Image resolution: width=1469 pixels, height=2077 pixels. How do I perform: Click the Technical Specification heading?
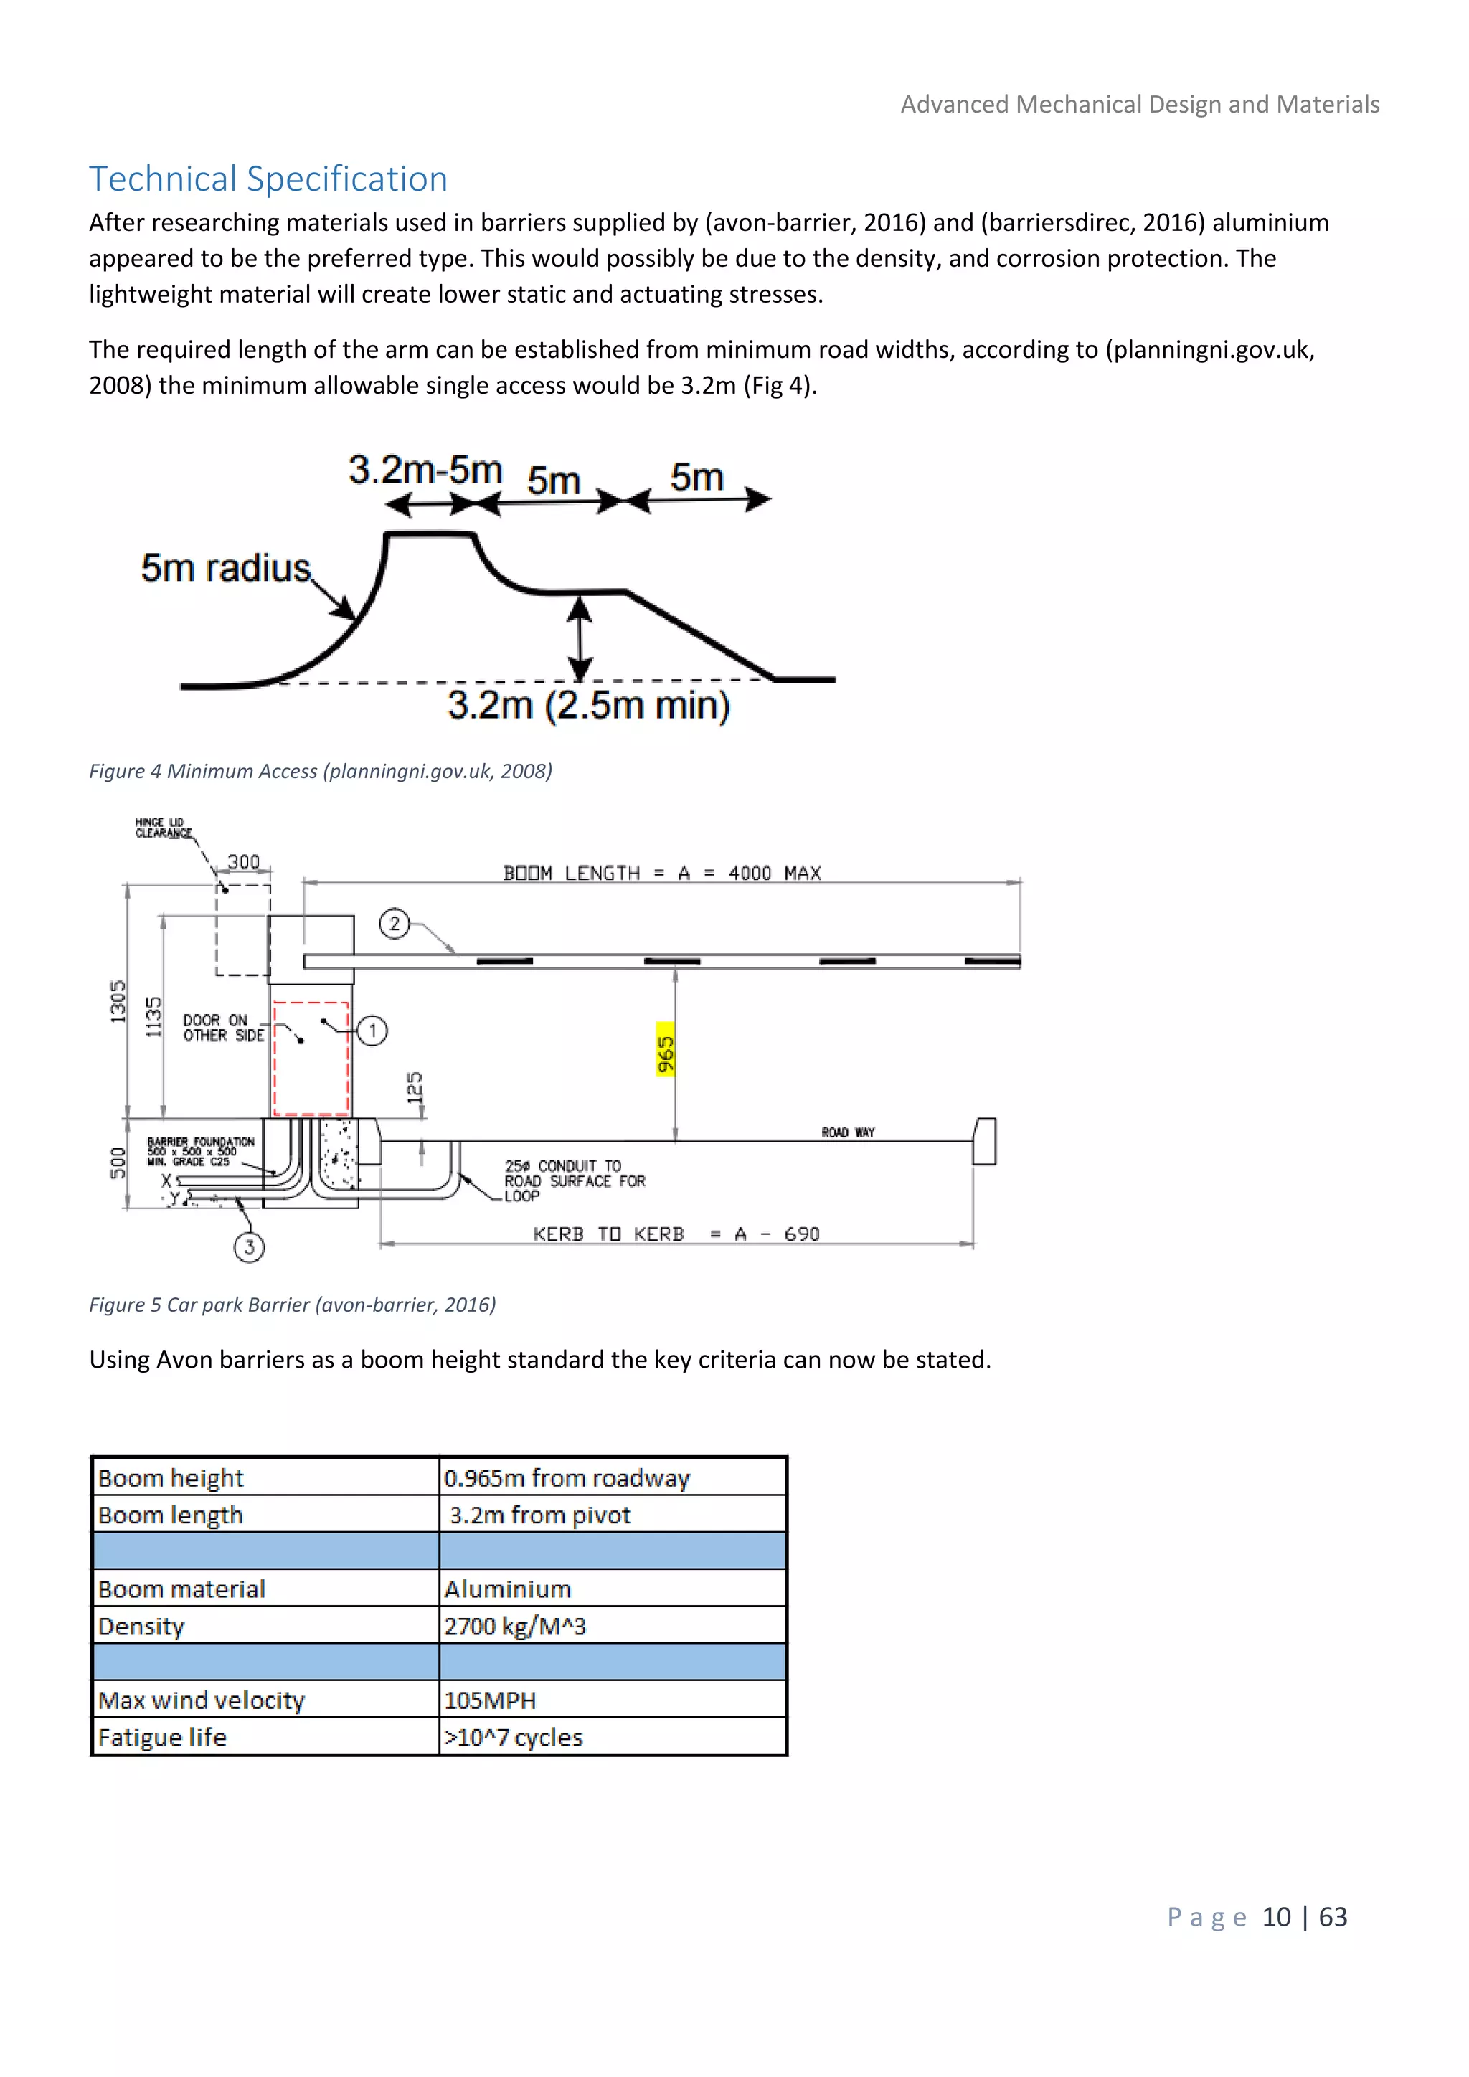coord(268,179)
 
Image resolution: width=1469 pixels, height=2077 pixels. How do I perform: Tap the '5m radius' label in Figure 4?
coord(225,568)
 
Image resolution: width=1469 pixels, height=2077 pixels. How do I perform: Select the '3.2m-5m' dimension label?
coord(425,470)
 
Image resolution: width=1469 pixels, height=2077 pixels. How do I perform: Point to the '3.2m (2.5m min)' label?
coord(588,706)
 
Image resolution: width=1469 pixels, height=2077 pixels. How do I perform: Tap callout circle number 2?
coord(395,924)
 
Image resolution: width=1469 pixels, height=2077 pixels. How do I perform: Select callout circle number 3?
coord(250,1247)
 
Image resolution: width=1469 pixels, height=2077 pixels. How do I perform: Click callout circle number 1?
coord(372,1031)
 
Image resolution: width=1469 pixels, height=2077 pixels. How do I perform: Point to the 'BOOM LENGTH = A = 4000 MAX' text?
coord(662,873)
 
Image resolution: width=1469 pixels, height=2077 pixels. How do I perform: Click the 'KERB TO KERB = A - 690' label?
coord(676,1234)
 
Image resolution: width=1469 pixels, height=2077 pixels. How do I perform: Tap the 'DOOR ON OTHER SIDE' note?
coord(223,1028)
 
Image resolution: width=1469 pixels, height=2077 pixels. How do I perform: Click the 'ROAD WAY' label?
coord(848,1132)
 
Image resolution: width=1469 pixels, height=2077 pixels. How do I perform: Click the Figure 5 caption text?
coord(292,1305)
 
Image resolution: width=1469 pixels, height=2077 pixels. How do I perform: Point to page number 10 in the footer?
coord(1275,1917)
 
